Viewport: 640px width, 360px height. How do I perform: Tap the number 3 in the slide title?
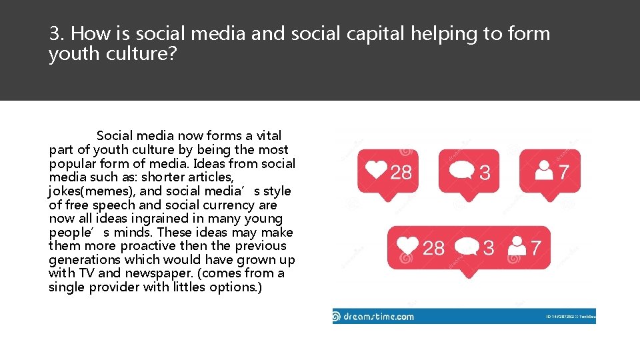tap(54, 33)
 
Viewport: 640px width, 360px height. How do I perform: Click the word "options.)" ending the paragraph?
tap(236, 287)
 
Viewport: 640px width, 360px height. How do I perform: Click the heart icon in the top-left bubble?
tap(377, 171)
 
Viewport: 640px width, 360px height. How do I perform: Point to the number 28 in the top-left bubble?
tap(401, 173)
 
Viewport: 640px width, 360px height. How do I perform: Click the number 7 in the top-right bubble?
tap(564, 172)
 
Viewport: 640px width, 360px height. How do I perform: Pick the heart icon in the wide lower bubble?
tap(407, 247)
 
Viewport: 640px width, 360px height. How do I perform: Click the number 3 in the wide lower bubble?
tap(489, 248)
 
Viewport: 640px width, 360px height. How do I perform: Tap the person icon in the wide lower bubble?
tap(517, 247)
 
